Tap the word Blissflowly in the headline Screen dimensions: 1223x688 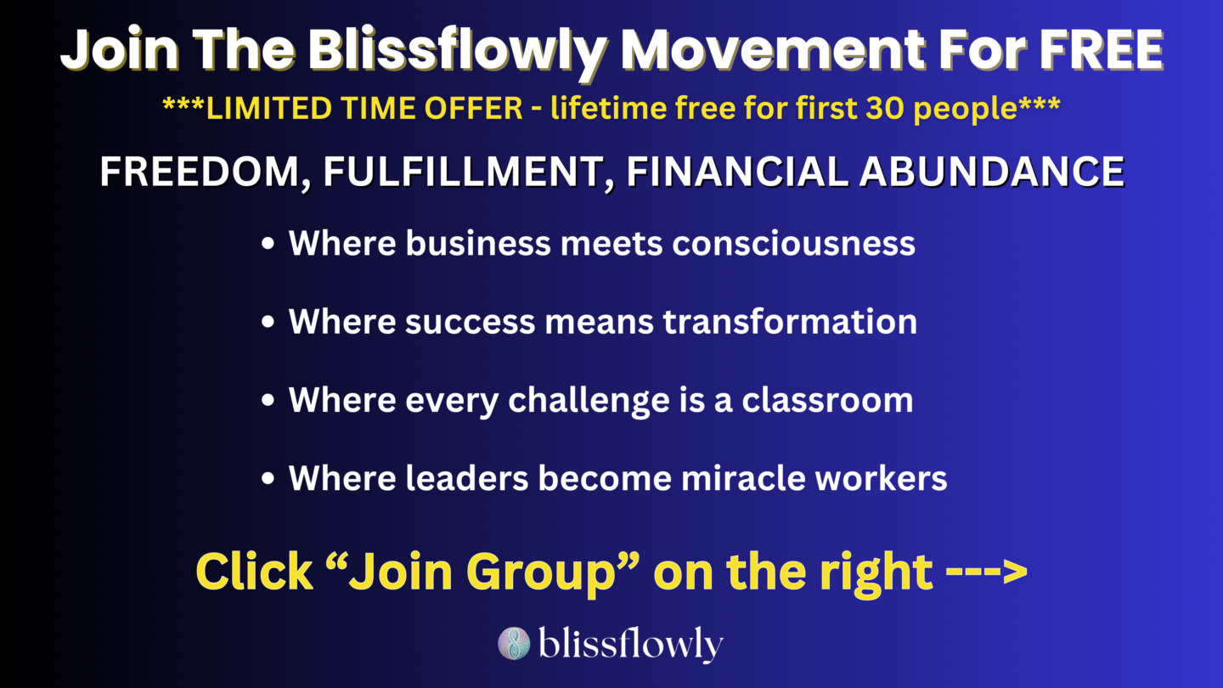458,52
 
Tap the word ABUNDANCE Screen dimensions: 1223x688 991,172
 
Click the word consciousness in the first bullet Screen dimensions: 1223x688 793,244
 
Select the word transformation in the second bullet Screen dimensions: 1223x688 790,321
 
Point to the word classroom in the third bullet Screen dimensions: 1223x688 827,400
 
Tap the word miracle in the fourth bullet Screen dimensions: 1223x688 743,478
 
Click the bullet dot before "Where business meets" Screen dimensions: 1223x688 268,244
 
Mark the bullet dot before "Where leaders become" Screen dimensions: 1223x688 268,479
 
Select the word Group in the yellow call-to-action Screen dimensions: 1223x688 541,573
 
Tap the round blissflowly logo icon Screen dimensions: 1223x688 514,643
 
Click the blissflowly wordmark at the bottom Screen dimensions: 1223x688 630,645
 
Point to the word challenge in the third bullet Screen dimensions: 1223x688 589,402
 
